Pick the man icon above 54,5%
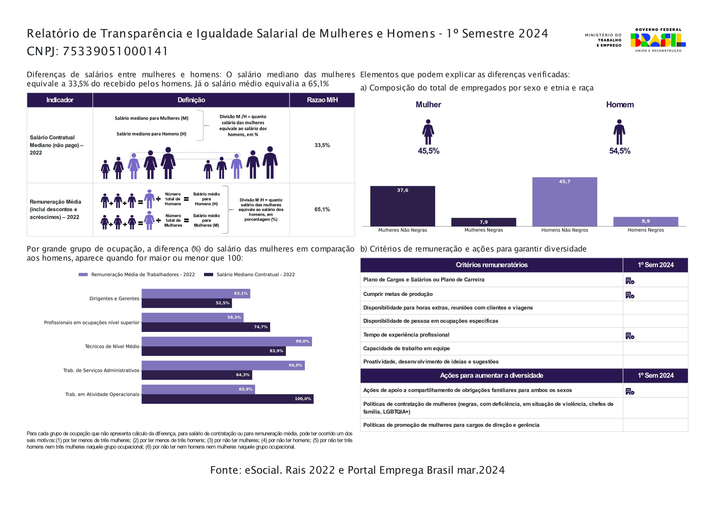619,132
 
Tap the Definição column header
191,100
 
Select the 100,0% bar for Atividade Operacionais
228,399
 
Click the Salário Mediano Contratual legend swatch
208,274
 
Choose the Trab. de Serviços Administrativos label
101,370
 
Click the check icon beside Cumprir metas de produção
630,295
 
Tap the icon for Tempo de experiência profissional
630,336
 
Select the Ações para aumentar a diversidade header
491,375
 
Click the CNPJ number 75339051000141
115,51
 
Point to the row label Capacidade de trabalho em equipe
406,348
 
